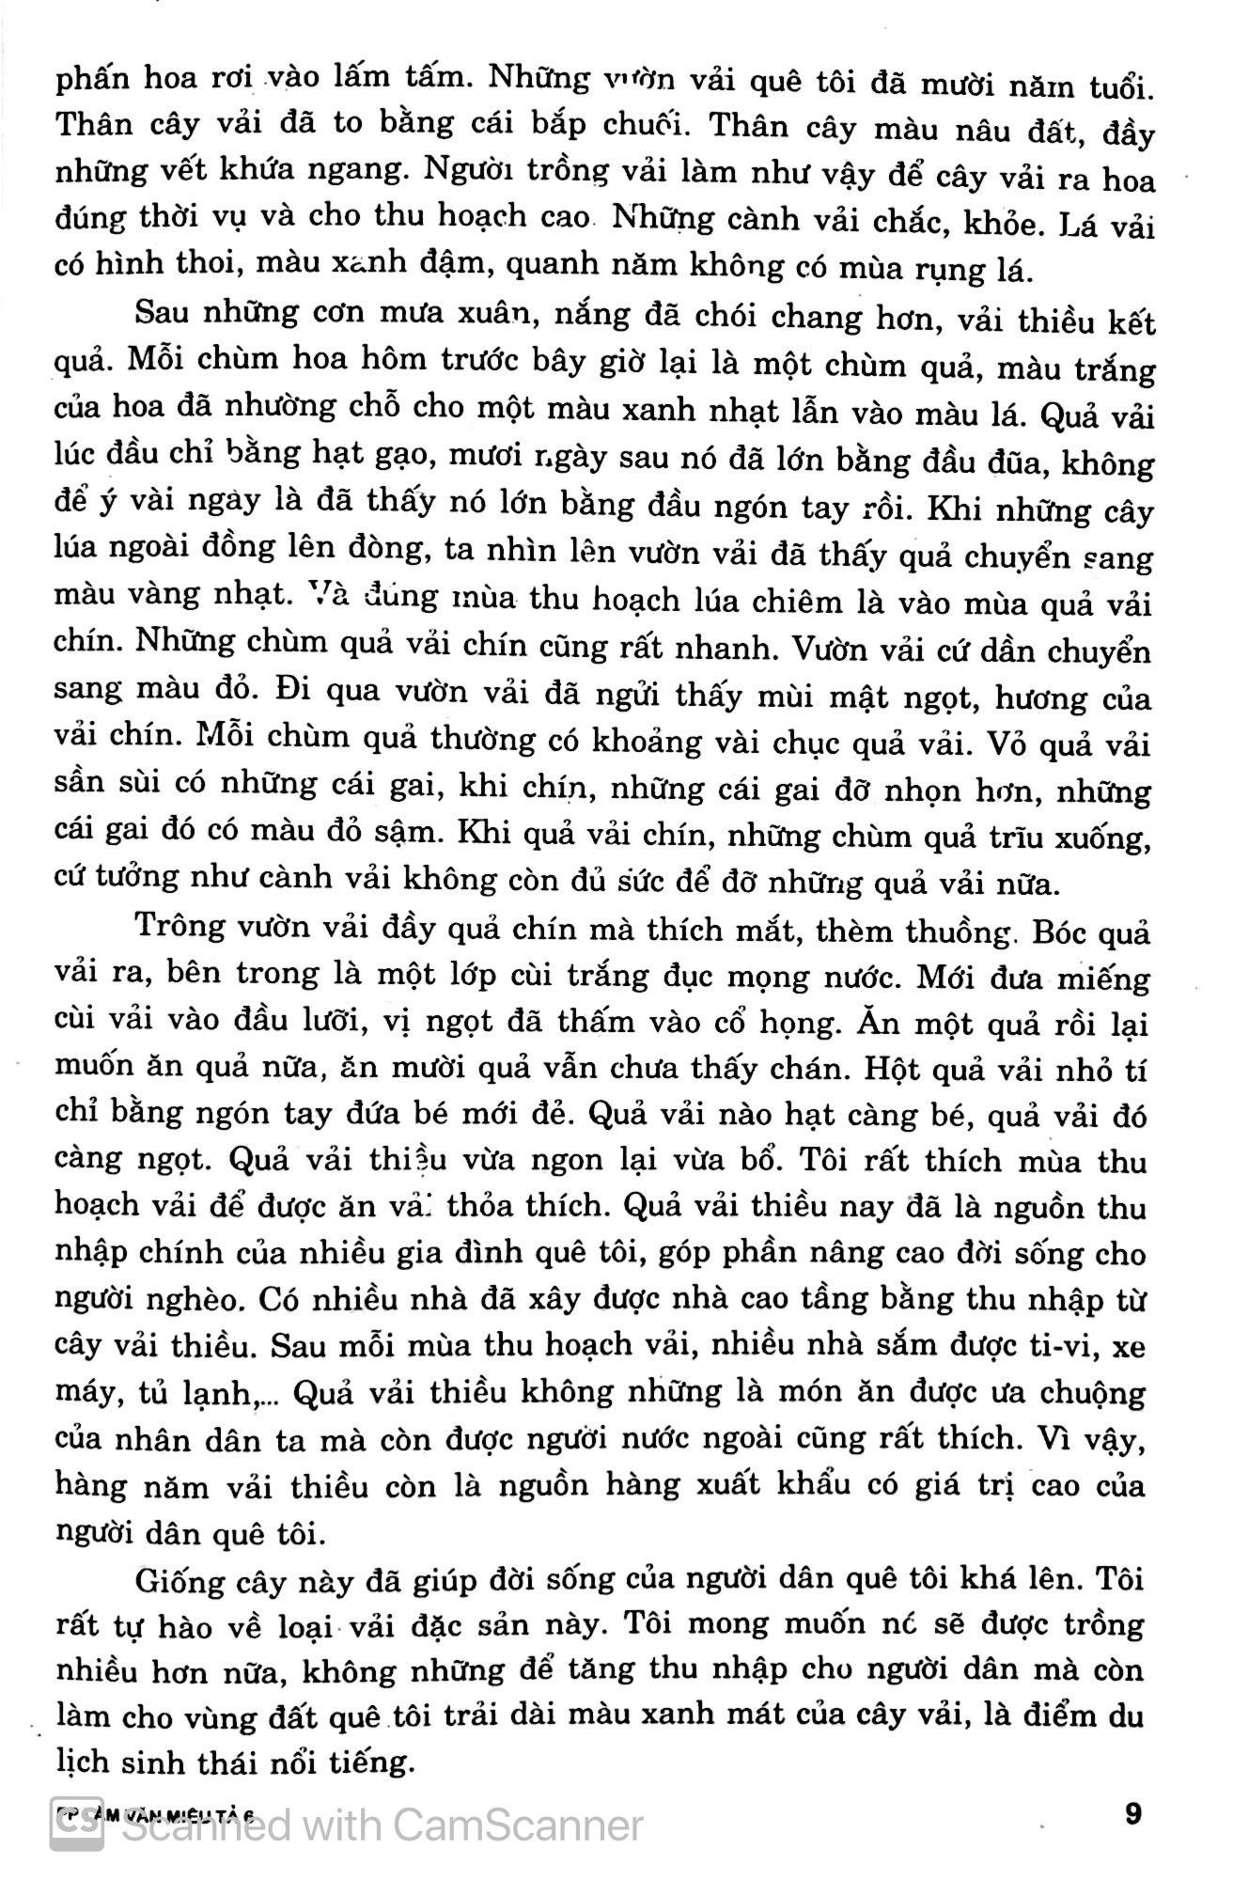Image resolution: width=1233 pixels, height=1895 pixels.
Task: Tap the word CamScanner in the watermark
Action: pyautogui.click(x=516, y=1825)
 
